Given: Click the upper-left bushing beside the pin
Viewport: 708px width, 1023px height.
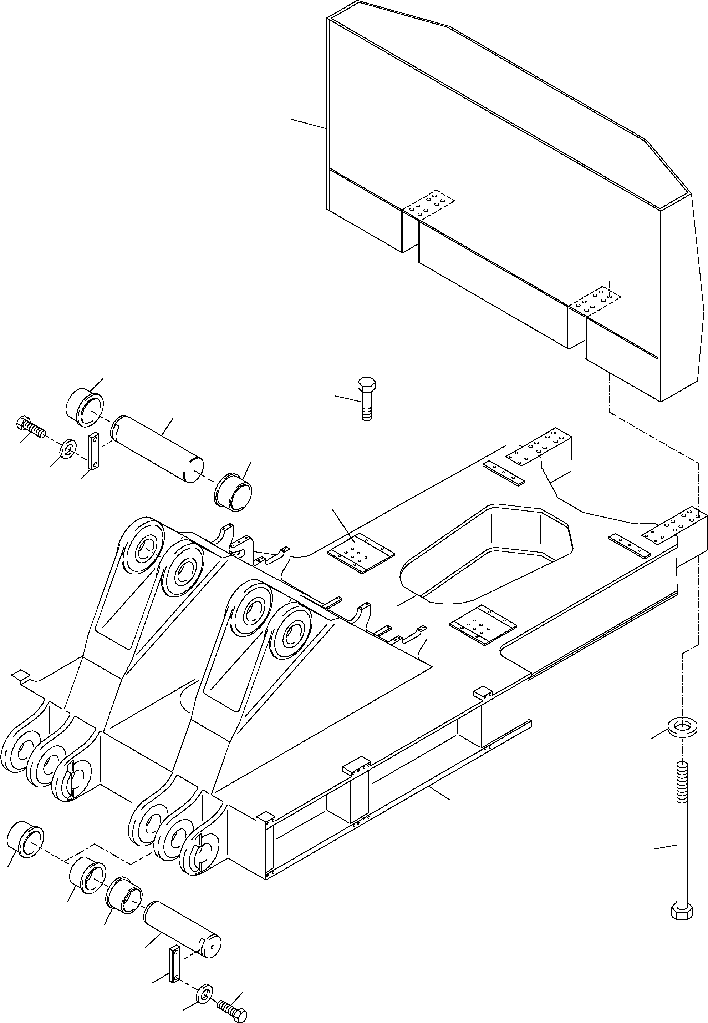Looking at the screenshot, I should pyautogui.click(x=85, y=407).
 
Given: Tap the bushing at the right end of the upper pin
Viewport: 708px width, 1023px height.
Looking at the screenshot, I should pyautogui.click(x=233, y=492).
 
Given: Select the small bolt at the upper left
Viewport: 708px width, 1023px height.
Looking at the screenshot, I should pyautogui.click(x=30, y=427).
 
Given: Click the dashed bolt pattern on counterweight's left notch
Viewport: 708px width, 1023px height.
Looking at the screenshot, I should pyautogui.click(x=429, y=204).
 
